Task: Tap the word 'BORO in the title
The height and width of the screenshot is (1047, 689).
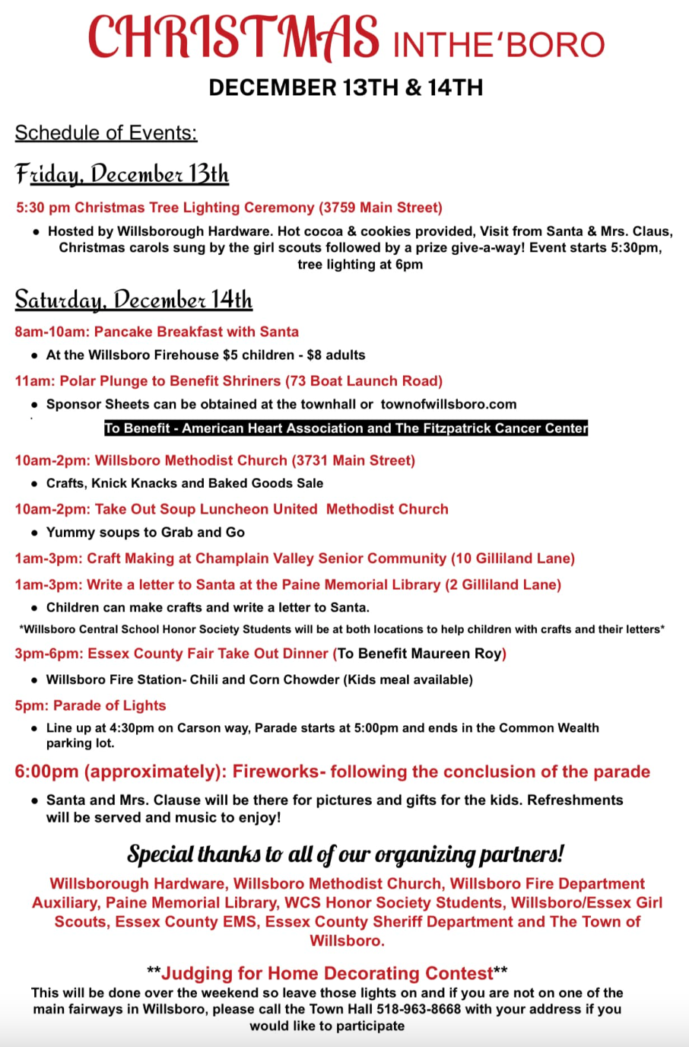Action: click(x=551, y=46)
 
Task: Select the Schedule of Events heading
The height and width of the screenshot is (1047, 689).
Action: click(x=106, y=133)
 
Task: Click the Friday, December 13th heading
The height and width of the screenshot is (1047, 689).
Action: click(x=122, y=174)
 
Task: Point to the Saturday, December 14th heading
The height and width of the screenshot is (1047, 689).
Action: click(x=133, y=300)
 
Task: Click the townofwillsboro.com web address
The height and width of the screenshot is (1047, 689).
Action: click(x=449, y=405)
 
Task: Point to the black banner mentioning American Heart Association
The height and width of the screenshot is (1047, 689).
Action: click(x=346, y=428)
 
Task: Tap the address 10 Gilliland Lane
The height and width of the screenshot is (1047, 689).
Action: click(x=513, y=559)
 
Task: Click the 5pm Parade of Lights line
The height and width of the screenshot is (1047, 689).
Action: click(x=90, y=706)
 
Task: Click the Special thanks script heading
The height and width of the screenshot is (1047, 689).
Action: click(x=345, y=854)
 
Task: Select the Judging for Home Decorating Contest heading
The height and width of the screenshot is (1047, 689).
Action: click(x=327, y=974)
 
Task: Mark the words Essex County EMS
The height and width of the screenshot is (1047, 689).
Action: click(x=186, y=922)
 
